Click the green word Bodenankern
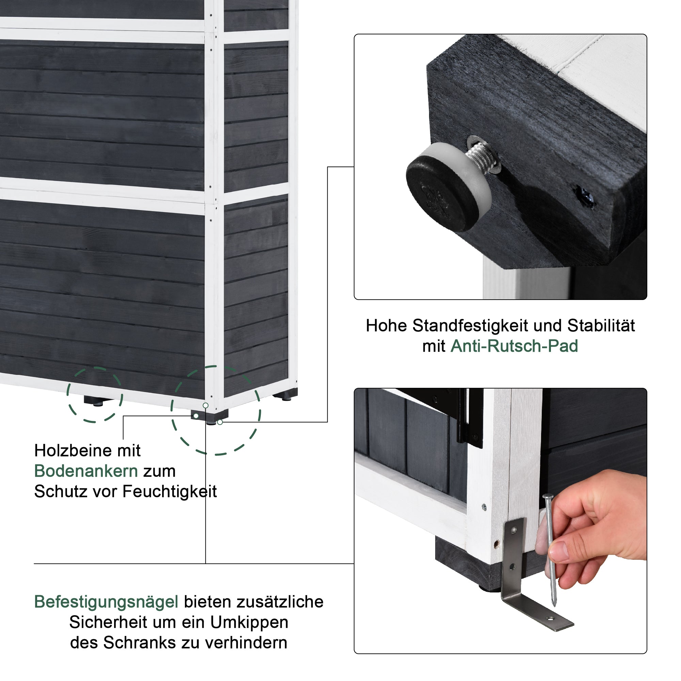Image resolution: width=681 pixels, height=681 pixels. (86, 471)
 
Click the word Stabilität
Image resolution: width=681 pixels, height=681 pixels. (601, 326)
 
